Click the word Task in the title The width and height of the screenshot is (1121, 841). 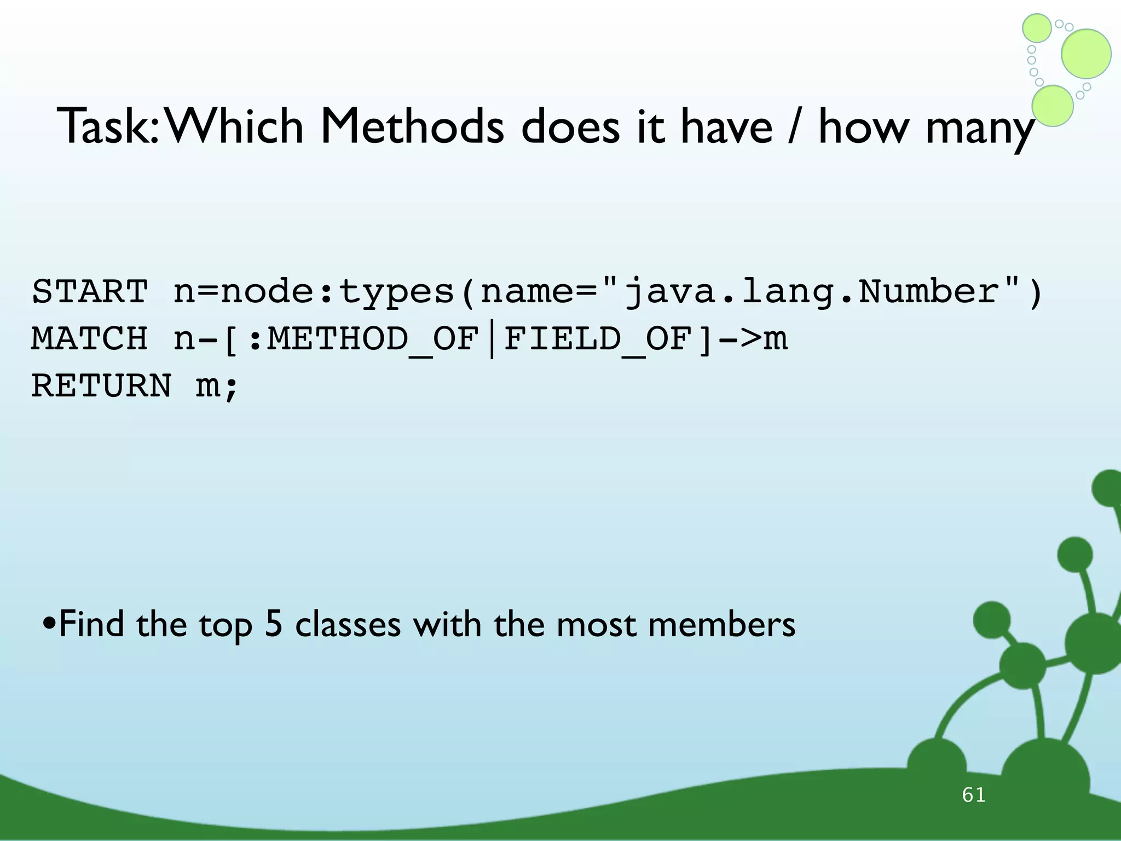tap(107, 127)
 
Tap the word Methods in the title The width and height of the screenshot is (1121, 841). tap(412, 127)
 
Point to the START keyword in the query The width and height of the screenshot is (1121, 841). tap(90, 291)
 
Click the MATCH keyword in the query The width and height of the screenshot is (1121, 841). tap(90, 338)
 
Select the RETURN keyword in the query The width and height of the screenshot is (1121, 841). tap(101, 385)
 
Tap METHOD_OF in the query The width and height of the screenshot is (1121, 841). tap(373, 339)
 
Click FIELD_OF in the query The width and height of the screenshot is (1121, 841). tap(597, 339)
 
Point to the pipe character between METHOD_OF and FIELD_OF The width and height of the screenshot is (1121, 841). tap(492, 339)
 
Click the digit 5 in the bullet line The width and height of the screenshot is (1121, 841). tap(273, 624)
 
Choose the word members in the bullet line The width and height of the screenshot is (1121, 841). tap(721, 624)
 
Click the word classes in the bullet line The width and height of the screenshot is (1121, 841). tap(348, 624)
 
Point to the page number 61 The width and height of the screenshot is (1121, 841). tap(974, 794)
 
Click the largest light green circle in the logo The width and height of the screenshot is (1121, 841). tap(1086, 54)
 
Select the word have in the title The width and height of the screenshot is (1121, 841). tap(726, 127)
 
